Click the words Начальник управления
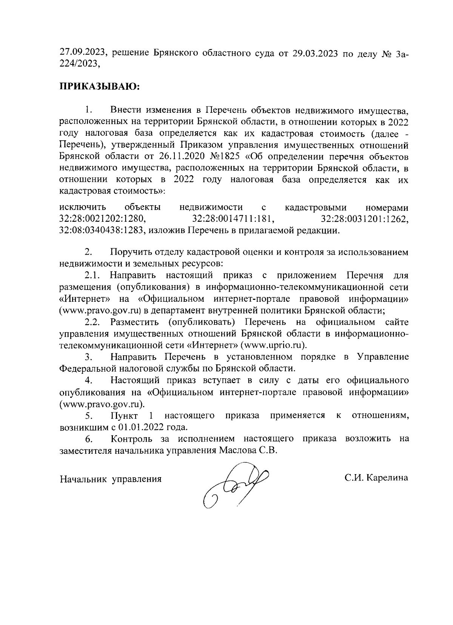tap(111, 479)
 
